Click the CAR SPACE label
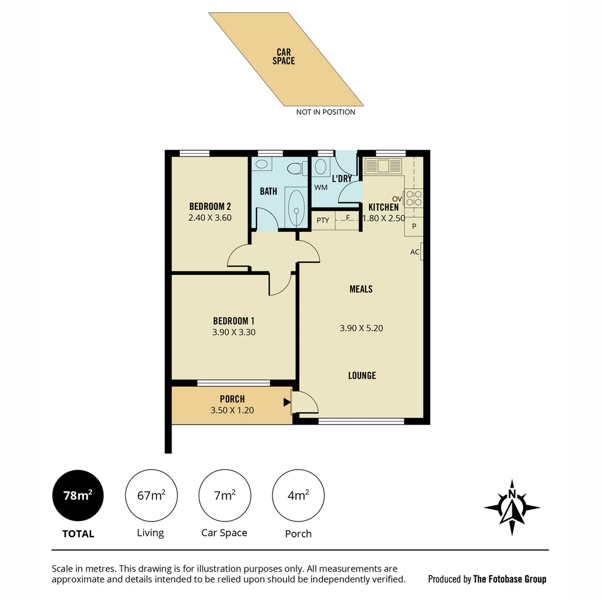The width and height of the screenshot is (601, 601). pyautogui.click(x=283, y=56)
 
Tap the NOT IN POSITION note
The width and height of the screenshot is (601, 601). pyautogui.click(x=326, y=112)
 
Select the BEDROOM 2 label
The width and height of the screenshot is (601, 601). pyautogui.click(x=210, y=206)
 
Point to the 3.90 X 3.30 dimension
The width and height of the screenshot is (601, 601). pyautogui.click(x=234, y=332)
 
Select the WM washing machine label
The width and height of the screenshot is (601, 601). pyautogui.click(x=321, y=188)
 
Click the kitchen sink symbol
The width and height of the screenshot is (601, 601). pyautogui.click(x=382, y=166)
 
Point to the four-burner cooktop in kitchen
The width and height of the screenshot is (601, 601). pyautogui.click(x=413, y=199)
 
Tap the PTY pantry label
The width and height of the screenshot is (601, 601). pyautogui.click(x=323, y=220)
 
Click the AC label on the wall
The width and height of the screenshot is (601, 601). pyautogui.click(x=415, y=252)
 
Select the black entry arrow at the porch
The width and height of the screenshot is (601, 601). pyautogui.click(x=287, y=402)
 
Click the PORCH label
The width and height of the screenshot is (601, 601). pyautogui.click(x=232, y=399)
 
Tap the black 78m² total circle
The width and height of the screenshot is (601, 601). pyautogui.click(x=78, y=495)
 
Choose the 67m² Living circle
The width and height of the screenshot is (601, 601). pyautogui.click(x=151, y=495)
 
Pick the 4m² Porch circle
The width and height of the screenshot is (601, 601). pyautogui.click(x=298, y=495)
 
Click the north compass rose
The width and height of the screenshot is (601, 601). pyautogui.click(x=511, y=508)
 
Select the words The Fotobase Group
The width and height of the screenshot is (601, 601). pyautogui.click(x=509, y=579)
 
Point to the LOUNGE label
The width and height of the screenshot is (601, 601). pyautogui.click(x=362, y=376)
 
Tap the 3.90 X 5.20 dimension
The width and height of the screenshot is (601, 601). pyautogui.click(x=361, y=328)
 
